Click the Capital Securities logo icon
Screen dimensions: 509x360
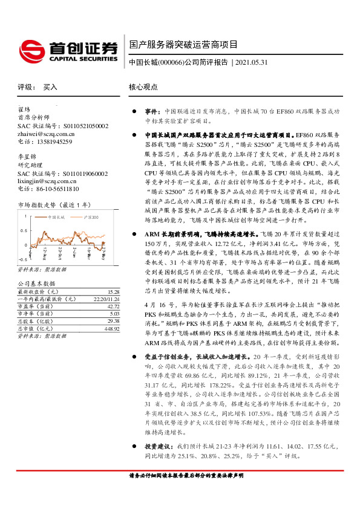pos(31,49)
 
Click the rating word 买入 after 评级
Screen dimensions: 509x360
pos(50,87)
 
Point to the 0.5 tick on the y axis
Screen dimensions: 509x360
pos(22,230)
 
